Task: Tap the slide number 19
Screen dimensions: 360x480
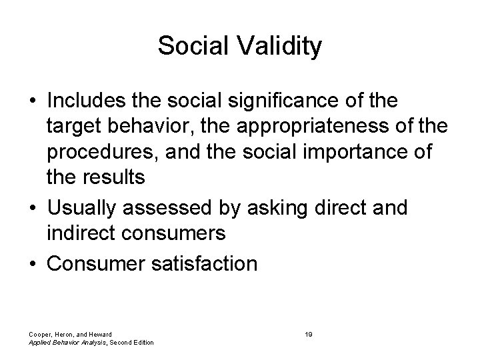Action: coord(309,333)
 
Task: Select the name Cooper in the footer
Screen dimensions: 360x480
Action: coord(41,333)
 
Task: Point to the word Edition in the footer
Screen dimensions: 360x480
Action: coord(141,342)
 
